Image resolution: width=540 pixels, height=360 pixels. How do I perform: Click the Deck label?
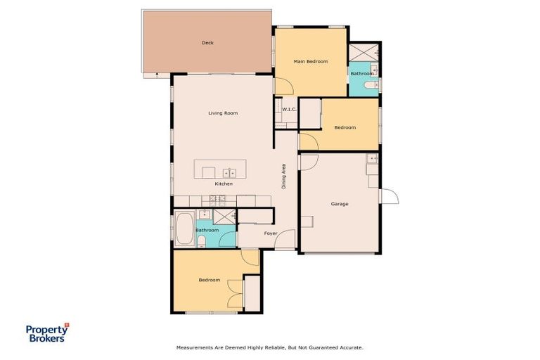click(207, 43)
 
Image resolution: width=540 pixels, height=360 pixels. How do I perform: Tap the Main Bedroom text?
click(310, 62)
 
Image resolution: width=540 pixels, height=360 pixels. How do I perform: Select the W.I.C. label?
click(289, 110)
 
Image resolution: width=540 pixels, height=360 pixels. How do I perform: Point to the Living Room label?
click(222, 113)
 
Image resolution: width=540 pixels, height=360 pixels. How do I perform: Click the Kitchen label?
click(224, 184)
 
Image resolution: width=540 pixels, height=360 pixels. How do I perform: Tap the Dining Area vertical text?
click(284, 176)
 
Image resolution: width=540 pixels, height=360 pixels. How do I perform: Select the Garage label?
click(340, 204)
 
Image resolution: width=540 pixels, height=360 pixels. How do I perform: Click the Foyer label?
click(271, 233)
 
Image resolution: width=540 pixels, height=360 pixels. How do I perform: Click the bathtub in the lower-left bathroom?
click(184, 228)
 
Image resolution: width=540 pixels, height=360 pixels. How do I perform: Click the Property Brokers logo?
click(46, 333)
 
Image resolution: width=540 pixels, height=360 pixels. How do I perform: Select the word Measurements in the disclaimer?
click(194, 347)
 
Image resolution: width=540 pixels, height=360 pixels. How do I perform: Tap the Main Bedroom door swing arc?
click(283, 86)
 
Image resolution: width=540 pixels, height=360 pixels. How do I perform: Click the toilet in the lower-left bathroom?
click(202, 242)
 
